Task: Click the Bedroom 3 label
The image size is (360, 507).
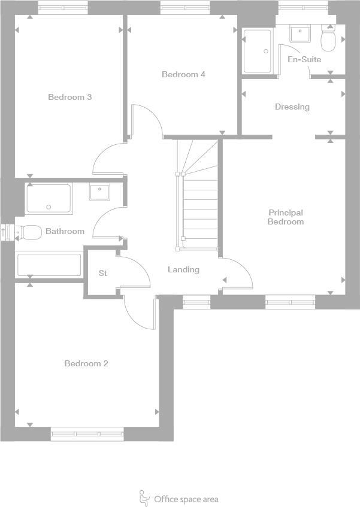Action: [x=69, y=97]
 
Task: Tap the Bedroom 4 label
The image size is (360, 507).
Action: [x=183, y=75]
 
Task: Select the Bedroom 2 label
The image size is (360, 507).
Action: [x=86, y=363]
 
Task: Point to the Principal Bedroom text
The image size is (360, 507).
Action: [x=286, y=217]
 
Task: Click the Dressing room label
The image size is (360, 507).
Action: [x=292, y=107]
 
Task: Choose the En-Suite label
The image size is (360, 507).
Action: [x=304, y=60]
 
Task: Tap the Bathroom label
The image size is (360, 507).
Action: [x=65, y=231]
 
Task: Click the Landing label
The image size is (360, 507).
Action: [x=183, y=270]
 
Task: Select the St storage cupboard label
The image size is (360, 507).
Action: [x=102, y=273]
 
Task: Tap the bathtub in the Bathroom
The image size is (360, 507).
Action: [x=49, y=265]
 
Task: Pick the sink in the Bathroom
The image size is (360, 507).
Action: [x=99, y=192]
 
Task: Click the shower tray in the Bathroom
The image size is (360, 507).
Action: [x=49, y=199]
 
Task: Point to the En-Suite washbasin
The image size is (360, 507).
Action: [x=299, y=34]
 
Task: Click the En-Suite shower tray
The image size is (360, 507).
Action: [x=258, y=51]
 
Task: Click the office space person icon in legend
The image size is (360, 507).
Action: [x=144, y=497]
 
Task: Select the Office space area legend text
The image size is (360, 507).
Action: [x=186, y=499]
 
